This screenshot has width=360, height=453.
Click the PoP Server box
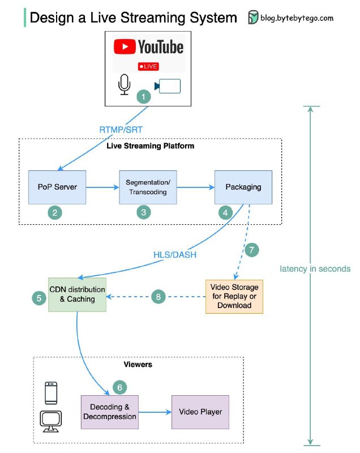click(x=57, y=186)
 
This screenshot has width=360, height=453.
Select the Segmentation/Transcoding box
click(x=148, y=186)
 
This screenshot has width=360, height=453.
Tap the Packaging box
click(x=238, y=186)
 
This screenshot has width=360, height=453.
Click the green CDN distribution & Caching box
click(x=78, y=294)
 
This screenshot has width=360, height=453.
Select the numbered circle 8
click(x=159, y=296)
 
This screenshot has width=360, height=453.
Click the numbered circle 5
click(x=38, y=296)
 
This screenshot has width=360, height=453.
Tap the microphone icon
click(x=124, y=85)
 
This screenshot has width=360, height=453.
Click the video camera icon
click(x=168, y=86)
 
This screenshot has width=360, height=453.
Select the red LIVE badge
click(x=148, y=66)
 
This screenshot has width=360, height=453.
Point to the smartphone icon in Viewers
click(x=51, y=392)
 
